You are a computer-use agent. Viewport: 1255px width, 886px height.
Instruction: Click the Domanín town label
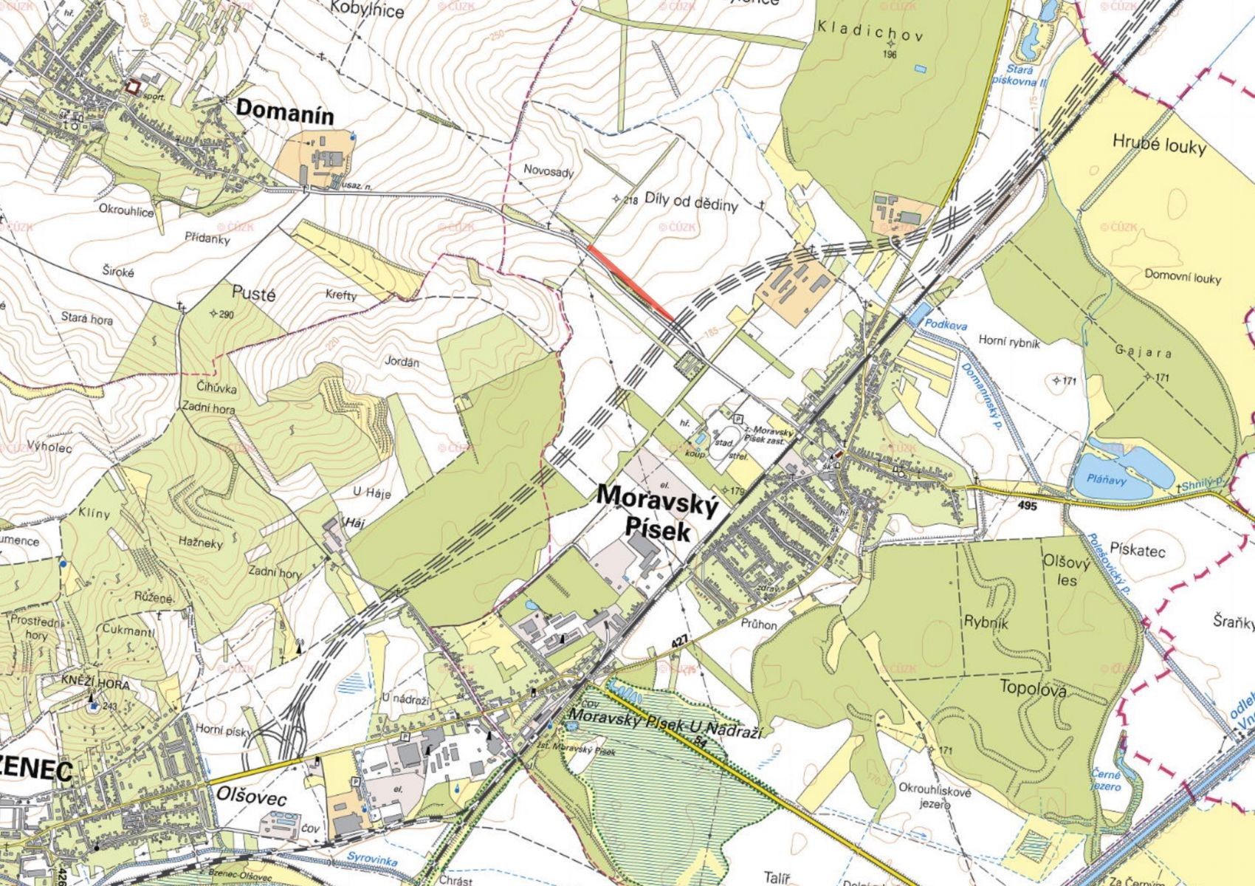(x=285, y=113)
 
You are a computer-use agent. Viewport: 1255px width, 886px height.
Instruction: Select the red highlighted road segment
(x=631, y=284)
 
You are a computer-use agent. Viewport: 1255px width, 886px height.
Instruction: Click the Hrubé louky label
(x=1159, y=145)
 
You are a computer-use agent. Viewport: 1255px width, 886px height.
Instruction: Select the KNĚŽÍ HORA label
(x=96, y=685)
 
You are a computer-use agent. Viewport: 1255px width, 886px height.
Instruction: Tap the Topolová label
(x=1032, y=687)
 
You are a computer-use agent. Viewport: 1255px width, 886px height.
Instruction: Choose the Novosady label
(x=549, y=171)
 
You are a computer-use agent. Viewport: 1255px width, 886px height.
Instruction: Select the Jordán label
(x=402, y=363)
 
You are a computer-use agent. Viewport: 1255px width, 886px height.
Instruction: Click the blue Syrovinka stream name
(x=372, y=862)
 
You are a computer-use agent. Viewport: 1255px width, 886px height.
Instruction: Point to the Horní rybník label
(x=1008, y=341)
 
